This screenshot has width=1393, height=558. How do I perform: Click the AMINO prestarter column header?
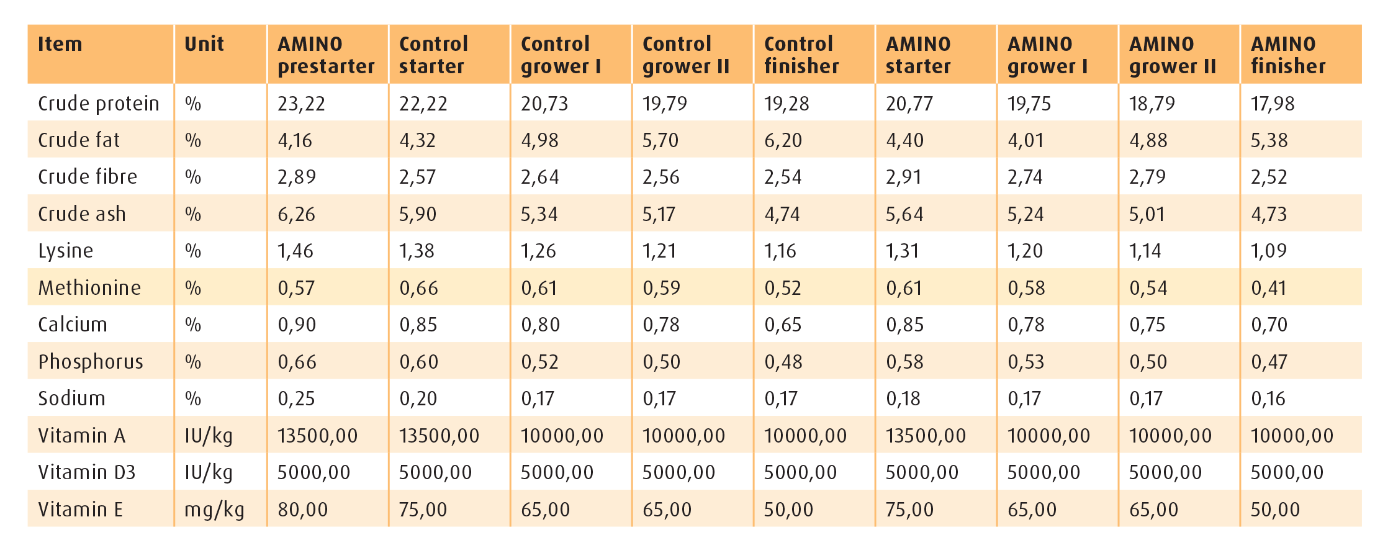pos(326,55)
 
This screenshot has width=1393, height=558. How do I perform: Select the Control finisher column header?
pos(801,55)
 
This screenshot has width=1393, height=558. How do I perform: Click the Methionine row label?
pos(89,288)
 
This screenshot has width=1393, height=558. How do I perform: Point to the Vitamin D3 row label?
pos(86,472)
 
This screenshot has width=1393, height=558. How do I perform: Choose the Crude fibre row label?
pos(88,177)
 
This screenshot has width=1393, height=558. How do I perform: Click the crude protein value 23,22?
pos(301,104)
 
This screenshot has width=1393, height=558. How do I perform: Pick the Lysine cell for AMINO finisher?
pos(1268,251)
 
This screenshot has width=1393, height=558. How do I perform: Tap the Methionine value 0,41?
pos(1268,288)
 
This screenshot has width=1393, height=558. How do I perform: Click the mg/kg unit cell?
pos(214,510)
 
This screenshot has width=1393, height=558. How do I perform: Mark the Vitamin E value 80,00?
pos(302,510)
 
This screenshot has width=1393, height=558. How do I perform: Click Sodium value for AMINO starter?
pos(903,398)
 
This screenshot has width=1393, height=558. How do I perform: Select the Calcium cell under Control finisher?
pos(783,325)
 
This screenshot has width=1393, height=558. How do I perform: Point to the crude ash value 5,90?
pos(418,214)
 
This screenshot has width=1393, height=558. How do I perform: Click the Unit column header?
pos(204,44)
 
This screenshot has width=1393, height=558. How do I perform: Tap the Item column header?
pos(60,44)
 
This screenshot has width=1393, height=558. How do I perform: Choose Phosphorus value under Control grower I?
pos(539,362)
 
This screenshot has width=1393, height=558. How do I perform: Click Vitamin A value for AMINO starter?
pos(925,436)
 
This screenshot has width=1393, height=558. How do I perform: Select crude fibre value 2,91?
pos(903,177)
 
